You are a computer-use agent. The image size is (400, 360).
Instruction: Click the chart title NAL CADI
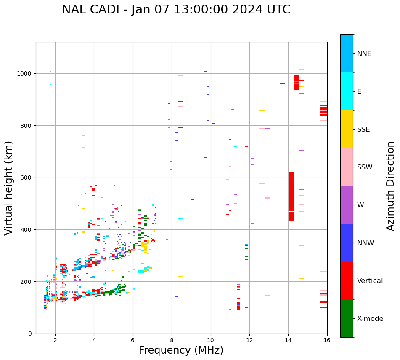click(x=176, y=10)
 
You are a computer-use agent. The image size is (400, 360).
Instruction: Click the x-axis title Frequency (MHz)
click(x=181, y=350)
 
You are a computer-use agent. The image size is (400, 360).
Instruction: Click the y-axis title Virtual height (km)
click(x=9, y=188)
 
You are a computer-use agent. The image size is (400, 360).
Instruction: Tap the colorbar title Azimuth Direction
click(x=390, y=186)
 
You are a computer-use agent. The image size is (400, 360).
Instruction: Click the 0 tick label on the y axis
click(x=30, y=334)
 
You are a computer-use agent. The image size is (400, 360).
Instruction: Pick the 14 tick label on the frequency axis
click(x=288, y=341)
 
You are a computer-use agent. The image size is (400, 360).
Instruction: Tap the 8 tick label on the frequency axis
click(x=172, y=341)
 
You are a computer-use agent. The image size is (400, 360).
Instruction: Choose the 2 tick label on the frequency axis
click(x=55, y=341)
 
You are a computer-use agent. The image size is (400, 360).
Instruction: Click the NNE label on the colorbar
click(x=364, y=54)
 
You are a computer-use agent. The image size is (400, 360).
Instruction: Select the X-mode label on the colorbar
click(x=370, y=319)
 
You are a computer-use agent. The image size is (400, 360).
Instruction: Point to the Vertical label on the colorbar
click(x=370, y=281)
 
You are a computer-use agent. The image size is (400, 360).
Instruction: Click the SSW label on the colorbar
click(x=365, y=167)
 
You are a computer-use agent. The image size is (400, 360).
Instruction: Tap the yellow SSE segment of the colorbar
click(x=347, y=129)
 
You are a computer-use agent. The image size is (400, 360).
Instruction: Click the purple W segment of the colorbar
click(x=347, y=205)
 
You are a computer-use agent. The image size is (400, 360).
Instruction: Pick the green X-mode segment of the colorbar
click(x=347, y=318)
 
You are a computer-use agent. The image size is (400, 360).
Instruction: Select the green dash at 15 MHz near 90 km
click(x=307, y=310)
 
